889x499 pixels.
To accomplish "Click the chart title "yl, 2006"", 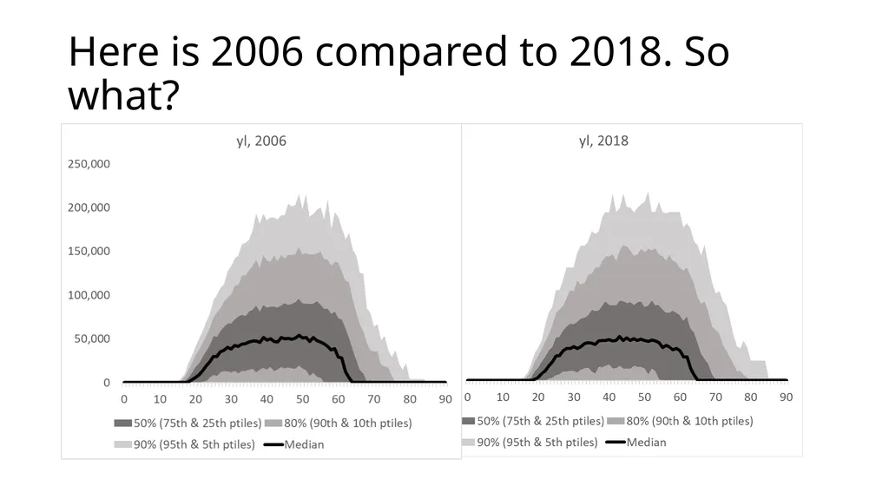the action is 261,141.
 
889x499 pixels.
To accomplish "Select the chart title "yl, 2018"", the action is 603,141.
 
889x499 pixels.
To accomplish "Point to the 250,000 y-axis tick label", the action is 89,164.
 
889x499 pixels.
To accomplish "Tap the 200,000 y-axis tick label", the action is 89,207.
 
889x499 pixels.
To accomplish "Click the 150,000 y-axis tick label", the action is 89,251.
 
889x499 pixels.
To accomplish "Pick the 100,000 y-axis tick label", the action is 89,295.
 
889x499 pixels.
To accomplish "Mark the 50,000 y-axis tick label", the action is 92,338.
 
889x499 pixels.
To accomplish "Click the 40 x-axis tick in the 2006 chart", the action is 267,399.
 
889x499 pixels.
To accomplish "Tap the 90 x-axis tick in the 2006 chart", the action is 445,399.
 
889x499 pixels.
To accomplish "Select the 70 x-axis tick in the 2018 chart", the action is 715,397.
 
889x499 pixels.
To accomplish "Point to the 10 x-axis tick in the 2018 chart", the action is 503,397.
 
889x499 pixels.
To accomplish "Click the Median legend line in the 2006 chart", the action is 273,444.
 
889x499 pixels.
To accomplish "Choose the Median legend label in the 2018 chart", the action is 646,443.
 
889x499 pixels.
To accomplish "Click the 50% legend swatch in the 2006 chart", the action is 123,423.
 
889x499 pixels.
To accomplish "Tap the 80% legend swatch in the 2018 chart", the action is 616,421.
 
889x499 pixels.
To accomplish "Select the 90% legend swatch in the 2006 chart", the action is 123,444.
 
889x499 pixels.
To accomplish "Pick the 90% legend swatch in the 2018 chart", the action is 468,443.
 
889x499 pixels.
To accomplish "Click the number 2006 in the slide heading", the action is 257,51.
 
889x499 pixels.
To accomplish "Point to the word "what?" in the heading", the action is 123,95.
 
